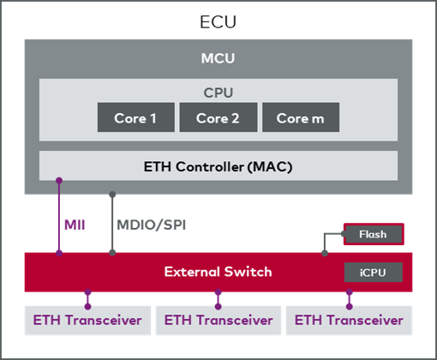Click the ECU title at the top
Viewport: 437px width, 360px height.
pyautogui.click(x=218, y=21)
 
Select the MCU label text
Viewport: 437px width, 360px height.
pyautogui.click(x=218, y=58)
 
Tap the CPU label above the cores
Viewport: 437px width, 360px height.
pyautogui.click(x=218, y=93)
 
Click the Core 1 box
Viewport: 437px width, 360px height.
pyautogui.click(x=136, y=117)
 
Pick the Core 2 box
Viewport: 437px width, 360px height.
pyautogui.click(x=218, y=117)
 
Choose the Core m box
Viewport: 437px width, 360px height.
pyautogui.click(x=301, y=117)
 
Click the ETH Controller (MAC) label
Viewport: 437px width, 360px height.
pyautogui.click(x=218, y=166)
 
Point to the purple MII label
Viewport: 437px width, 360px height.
pyautogui.click(x=75, y=225)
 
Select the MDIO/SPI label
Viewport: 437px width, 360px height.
pyautogui.click(x=152, y=225)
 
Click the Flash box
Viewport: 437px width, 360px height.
pyautogui.click(x=374, y=234)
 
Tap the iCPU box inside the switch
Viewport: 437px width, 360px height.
pyautogui.click(x=374, y=273)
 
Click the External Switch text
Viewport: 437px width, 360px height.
pyautogui.click(x=218, y=272)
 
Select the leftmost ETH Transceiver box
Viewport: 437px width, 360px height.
pyautogui.click(x=87, y=321)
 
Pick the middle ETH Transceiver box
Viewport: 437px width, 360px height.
pyautogui.click(x=218, y=321)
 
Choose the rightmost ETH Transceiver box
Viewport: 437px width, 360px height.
pyautogui.click(x=349, y=321)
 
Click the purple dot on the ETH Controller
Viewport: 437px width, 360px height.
pyautogui.click(x=59, y=180)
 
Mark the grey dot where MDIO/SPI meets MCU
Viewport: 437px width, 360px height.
pyautogui.click(x=112, y=195)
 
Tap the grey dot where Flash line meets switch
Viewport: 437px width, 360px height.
pyautogui.click(x=325, y=253)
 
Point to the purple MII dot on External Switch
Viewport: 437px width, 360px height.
pyautogui.click(x=59, y=253)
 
